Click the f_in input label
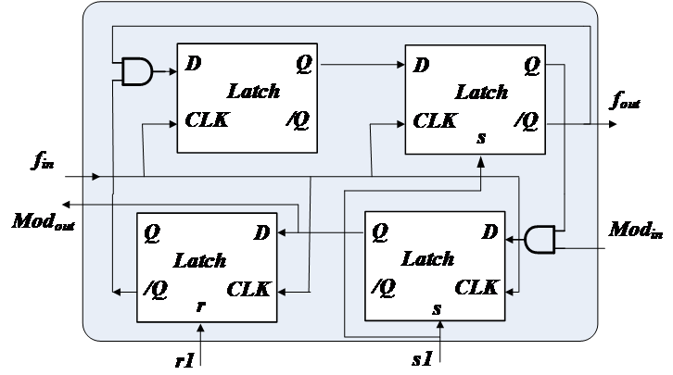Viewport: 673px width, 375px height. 43,161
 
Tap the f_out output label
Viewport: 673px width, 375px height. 626,101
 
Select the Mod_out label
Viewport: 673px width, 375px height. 44,221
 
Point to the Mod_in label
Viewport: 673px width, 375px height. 636,230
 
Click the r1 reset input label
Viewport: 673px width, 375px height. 185,361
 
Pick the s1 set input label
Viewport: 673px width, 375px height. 422,359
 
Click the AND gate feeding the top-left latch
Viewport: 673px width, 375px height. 137,71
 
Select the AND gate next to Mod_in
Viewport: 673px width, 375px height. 540,239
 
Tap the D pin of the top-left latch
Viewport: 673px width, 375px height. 193,64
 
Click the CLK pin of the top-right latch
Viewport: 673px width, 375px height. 435,121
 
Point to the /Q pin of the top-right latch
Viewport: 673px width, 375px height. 527,121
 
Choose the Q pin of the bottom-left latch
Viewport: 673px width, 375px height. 152,233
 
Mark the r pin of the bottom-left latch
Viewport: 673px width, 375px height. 201,306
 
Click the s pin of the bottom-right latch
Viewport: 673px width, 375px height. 437,308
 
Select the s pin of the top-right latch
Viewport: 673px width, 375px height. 481,138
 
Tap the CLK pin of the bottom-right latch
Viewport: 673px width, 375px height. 476,288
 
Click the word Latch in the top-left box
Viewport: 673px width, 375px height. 254,92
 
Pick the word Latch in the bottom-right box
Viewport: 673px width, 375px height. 427,259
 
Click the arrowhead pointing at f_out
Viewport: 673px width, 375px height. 613,124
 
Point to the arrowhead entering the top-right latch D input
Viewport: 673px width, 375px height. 401,65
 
